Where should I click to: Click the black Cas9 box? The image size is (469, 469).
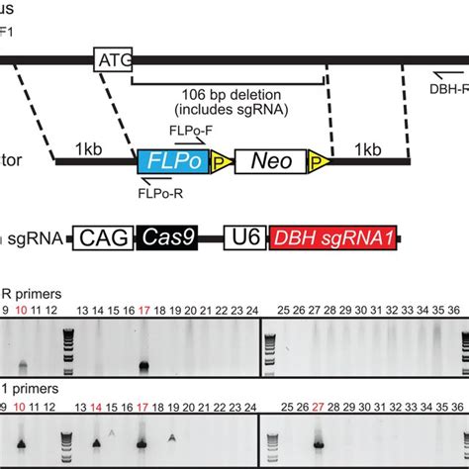click(x=162, y=236)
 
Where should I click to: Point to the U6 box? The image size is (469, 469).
click(x=247, y=236)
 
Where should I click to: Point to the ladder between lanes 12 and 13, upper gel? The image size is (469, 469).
click(x=68, y=347)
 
